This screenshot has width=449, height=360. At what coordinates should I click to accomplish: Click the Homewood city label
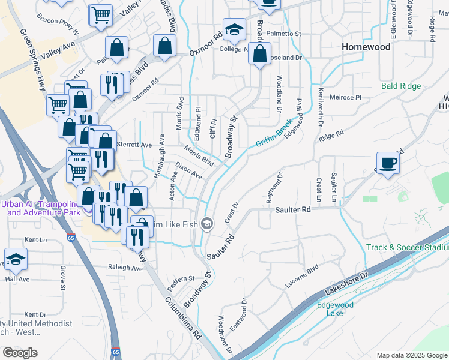coord(366,47)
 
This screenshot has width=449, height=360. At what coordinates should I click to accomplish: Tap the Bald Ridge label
coord(401,86)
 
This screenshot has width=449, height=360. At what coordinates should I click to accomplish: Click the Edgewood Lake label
coord(335,309)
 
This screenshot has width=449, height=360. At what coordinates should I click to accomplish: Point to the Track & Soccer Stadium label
coord(408,247)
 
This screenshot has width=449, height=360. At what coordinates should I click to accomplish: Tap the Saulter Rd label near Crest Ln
coord(293,210)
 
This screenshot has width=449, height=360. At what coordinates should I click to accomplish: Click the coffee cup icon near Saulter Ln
coord(388,163)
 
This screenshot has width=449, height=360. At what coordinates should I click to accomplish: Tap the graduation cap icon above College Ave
coord(234,29)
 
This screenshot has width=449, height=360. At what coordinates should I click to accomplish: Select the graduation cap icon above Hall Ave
coord(16,259)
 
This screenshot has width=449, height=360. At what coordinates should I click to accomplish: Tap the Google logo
coord(20,353)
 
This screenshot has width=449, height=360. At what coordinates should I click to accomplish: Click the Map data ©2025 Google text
coord(412,355)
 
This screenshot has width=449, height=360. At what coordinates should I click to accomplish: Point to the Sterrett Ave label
coord(134,145)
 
